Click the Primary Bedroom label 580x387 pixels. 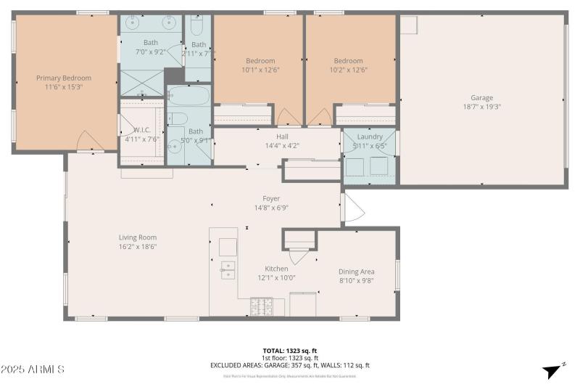click(x=64, y=78)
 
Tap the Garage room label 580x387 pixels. click(x=481, y=98)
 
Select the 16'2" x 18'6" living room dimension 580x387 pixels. click(x=138, y=247)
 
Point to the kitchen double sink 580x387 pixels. click(x=228, y=270)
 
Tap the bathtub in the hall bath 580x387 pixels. click(x=188, y=97)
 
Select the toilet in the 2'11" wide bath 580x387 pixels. click(x=197, y=28)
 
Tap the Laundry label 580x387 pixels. click(x=370, y=137)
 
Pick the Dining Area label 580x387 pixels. click(x=357, y=272)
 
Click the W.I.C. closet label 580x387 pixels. click(x=141, y=131)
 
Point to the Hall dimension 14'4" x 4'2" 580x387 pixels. click(x=282, y=145)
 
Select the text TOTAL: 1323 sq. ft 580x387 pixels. click(x=290, y=350)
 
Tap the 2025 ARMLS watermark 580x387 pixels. click(x=33, y=370)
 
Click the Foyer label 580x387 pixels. click(x=271, y=198)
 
